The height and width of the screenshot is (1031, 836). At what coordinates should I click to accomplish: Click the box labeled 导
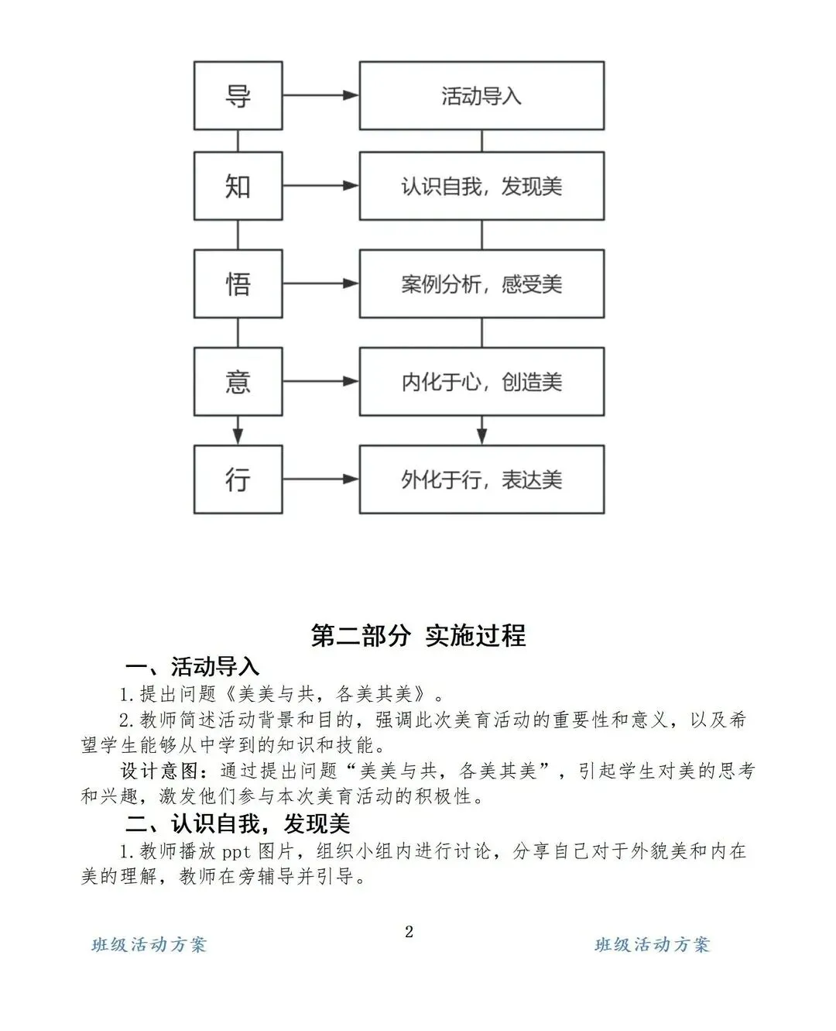point(238,96)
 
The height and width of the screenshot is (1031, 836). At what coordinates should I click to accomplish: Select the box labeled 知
point(238,187)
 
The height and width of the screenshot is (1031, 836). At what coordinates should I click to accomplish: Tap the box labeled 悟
point(238,284)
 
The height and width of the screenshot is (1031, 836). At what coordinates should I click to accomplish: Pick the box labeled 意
point(238,381)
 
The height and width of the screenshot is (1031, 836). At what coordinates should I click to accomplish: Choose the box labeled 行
point(238,479)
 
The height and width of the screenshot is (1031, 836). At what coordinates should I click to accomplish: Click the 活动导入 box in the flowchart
point(481,96)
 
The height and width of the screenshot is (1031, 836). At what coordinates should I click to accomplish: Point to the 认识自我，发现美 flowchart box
point(481,187)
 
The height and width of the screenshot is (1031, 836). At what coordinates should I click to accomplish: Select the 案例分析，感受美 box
point(481,284)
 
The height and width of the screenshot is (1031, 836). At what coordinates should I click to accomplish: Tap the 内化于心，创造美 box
point(481,381)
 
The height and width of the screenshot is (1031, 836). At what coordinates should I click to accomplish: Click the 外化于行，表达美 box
point(481,479)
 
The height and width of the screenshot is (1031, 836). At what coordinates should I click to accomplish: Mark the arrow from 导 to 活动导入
point(320,96)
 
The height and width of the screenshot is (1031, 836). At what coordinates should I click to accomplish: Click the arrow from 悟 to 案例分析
point(320,284)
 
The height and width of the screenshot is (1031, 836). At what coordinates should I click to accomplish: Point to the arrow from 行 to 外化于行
point(320,479)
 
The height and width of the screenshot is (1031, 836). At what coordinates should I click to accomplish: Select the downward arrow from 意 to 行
point(238,429)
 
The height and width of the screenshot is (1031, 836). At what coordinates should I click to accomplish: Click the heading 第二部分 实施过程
point(418,635)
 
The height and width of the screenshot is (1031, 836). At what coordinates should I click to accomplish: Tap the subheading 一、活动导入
point(192,666)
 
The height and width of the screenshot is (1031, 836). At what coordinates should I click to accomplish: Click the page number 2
point(409,931)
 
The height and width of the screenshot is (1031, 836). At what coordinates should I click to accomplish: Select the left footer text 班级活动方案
point(149,944)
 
